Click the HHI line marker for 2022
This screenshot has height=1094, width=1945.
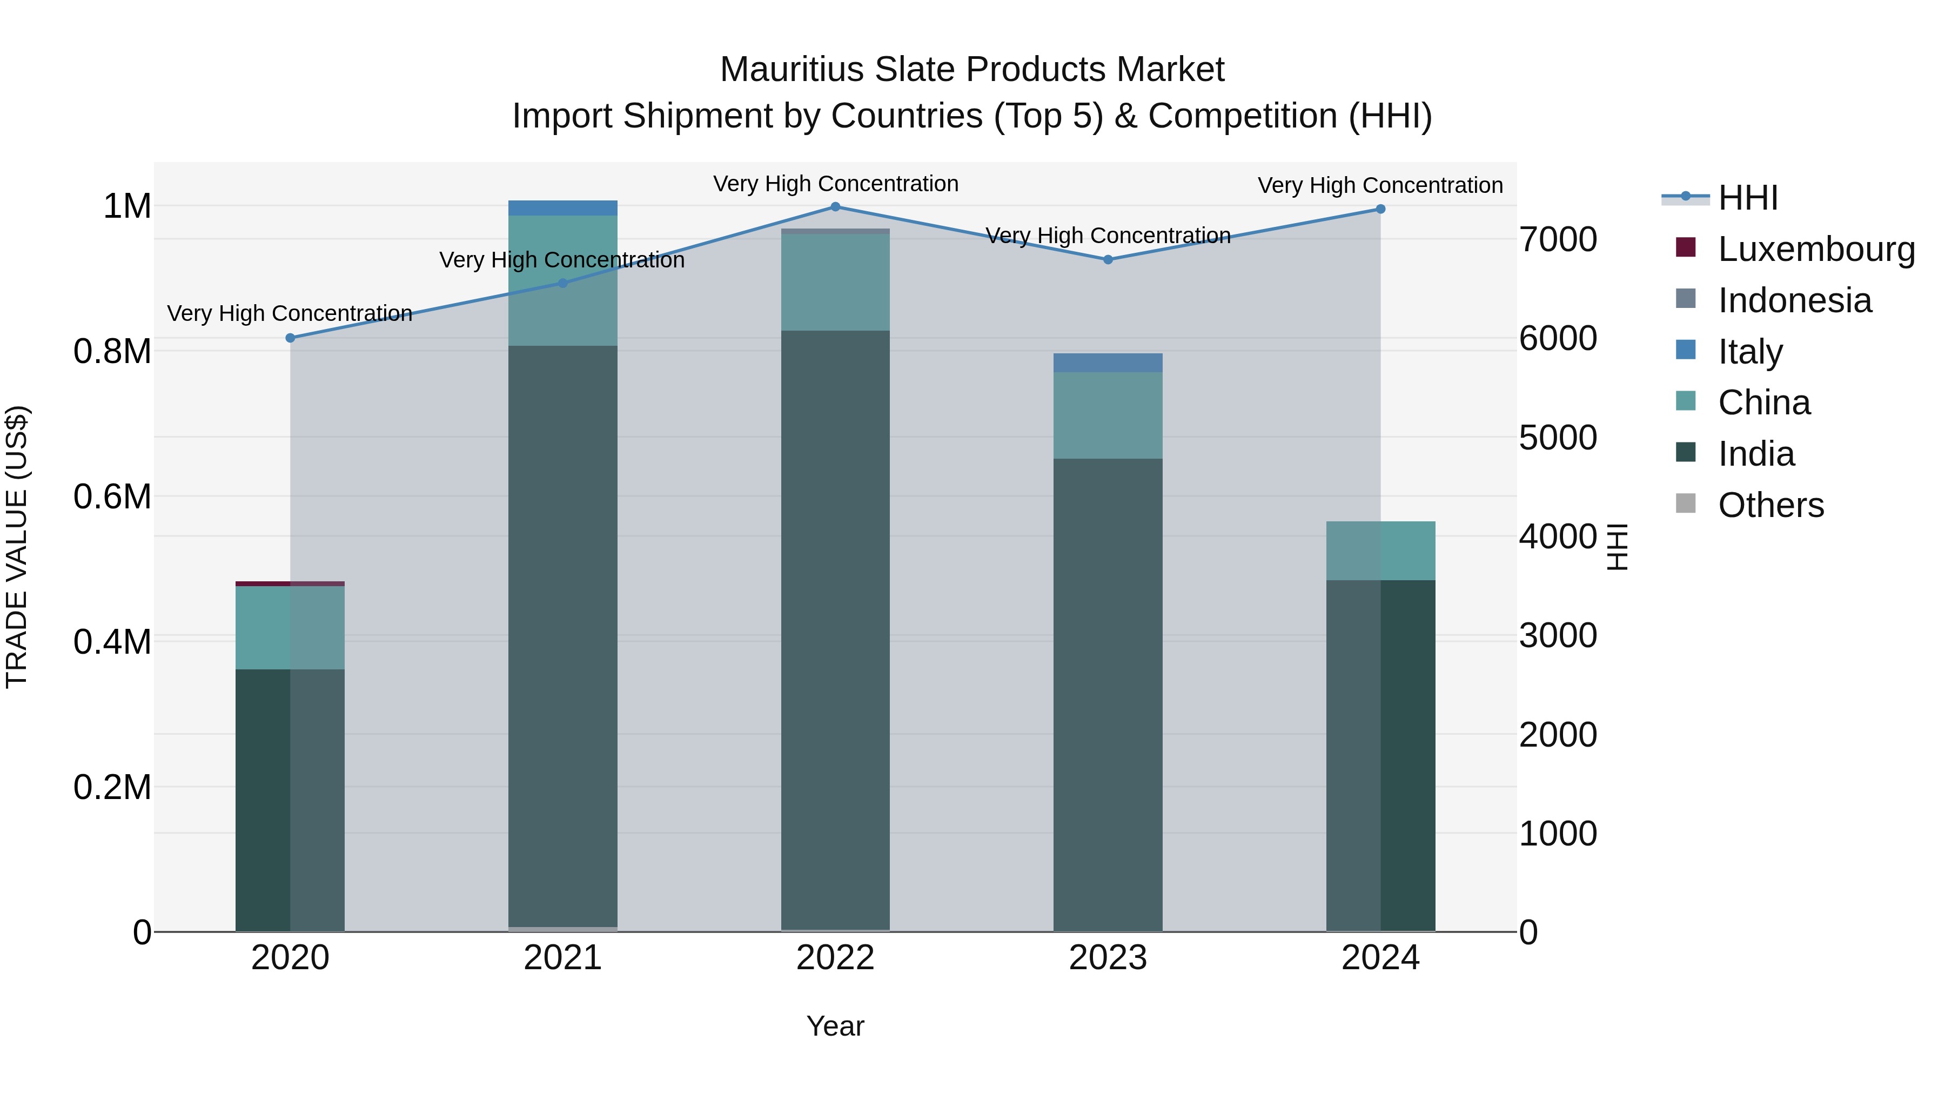tap(835, 207)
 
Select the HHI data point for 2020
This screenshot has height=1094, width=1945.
tap(290, 338)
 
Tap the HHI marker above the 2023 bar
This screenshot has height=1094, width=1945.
tap(1108, 260)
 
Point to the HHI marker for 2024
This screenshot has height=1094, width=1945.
tap(1380, 209)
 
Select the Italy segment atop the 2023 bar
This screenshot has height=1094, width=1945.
tap(1108, 363)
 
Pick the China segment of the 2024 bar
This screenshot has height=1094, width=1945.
tap(1380, 551)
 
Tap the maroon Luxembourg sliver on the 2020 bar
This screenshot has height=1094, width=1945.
tap(290, 583)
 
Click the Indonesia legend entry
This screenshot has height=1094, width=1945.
tap(1794, 300)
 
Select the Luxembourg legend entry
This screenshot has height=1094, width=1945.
tap(1815, 249)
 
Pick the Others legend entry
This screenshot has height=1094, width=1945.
tap(1770, 505)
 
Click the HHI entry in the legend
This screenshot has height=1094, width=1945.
tap(1747, 198)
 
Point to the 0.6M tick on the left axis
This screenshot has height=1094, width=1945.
tap(112, 497)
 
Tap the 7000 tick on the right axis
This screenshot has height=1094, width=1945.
tap(1558, 239)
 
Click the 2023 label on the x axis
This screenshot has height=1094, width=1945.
tap(1108, 958)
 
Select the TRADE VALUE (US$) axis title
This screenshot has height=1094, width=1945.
tap(17, 547)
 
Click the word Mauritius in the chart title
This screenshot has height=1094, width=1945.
tap(792, 70)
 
